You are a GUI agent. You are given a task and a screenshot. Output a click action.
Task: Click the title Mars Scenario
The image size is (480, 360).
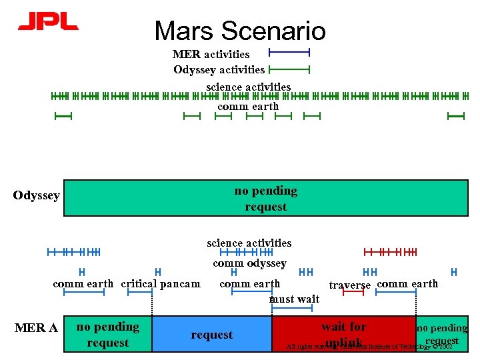click(x=240, y=31)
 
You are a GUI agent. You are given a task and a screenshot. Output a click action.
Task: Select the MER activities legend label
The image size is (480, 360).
click(x=211, y=54)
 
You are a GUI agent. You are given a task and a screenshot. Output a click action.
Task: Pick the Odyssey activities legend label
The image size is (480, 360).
click(x=219, y=69)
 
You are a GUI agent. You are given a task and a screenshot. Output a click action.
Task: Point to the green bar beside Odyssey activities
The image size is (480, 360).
click(x=289, y=68)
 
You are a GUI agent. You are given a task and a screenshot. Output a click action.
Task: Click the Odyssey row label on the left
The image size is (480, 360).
click(x=37, y=195)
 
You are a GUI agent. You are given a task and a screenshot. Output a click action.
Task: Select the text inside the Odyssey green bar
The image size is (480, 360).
click(x=265, y=199)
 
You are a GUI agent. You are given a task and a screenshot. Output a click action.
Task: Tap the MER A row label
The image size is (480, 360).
click(x=36, y=327)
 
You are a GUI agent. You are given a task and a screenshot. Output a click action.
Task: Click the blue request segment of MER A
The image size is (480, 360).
click(x=212, y=334)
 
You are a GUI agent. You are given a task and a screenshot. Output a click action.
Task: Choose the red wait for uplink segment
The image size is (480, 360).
click(x=343, y=333)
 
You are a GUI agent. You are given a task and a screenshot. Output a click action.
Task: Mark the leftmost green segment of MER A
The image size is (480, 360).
click(x=107, y=334)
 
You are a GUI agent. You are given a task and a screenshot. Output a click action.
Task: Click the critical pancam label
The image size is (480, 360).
click(x=160, y=284)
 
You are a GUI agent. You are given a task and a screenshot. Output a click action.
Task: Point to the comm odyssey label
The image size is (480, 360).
click(x=249, y=263)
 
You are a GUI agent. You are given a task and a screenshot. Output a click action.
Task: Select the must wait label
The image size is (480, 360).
click(x=294, y=299)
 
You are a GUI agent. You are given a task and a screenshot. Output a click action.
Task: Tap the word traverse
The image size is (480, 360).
click(x=350, y=285)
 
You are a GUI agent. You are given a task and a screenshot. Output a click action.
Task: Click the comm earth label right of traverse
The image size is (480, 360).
click(x=407, y=283)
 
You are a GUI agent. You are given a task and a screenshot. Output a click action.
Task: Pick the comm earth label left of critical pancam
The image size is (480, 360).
click(x=83, y=284)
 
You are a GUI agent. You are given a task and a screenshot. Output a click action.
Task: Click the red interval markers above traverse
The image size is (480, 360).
click(x=390, y=252)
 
